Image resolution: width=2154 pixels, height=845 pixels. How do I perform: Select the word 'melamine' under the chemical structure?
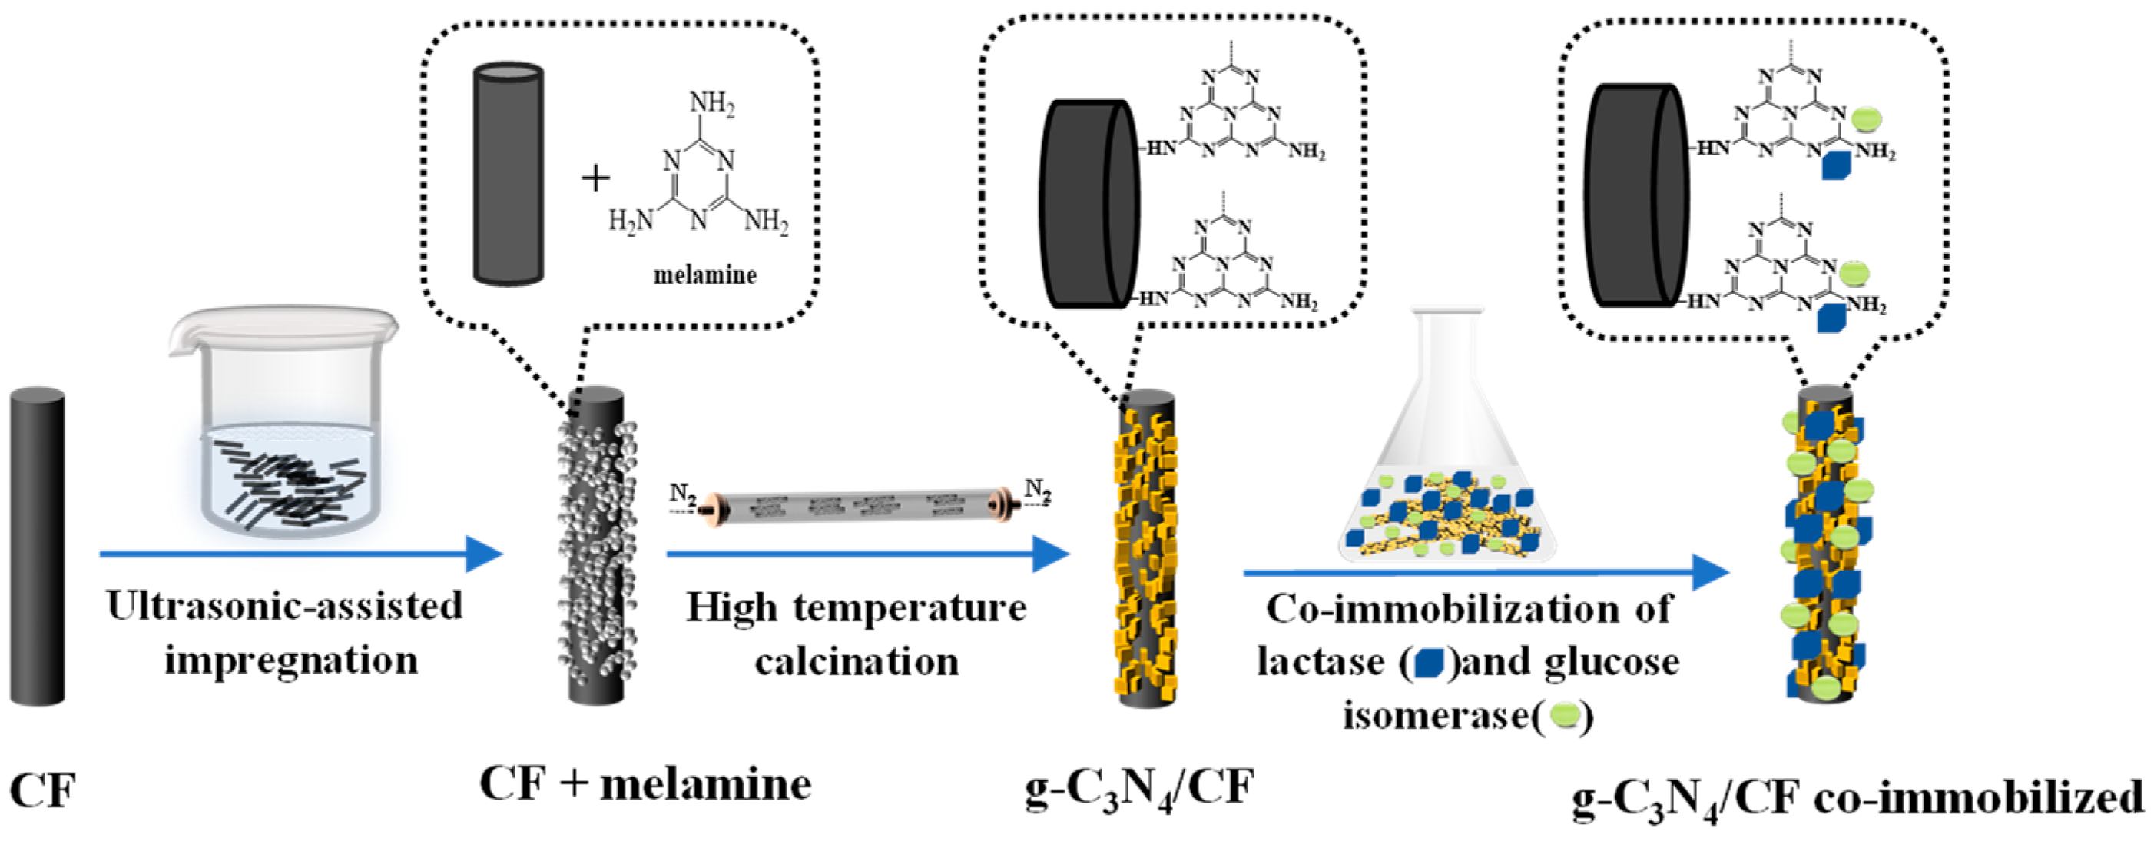click(x=704, y=275)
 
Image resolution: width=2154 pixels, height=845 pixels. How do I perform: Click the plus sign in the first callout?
click(x=595, y=178)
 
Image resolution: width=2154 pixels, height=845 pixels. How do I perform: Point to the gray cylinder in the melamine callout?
click(x=508, y=173)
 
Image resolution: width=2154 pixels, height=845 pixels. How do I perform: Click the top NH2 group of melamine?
click(x=711, y=105)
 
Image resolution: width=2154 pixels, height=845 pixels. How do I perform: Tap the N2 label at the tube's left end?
click(x=682, y=494)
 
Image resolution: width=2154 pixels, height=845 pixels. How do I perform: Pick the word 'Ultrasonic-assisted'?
click(x=284, y=606)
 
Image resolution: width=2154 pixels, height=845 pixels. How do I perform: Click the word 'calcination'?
click(x=857, y=662)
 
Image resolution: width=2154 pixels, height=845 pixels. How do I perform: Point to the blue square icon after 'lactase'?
click(x=1428, y=664)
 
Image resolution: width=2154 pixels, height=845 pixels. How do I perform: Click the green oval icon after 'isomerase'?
click(x=1565, y=715)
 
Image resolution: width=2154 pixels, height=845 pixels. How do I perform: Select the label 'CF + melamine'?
click(x=645, y=784)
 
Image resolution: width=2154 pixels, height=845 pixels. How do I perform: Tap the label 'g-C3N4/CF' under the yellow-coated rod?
click(x=1140, y=788)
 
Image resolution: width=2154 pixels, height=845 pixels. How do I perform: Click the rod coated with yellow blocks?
click(x=1146, y=548)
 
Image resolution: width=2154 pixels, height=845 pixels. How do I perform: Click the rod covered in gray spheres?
click(x=596, y=544)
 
